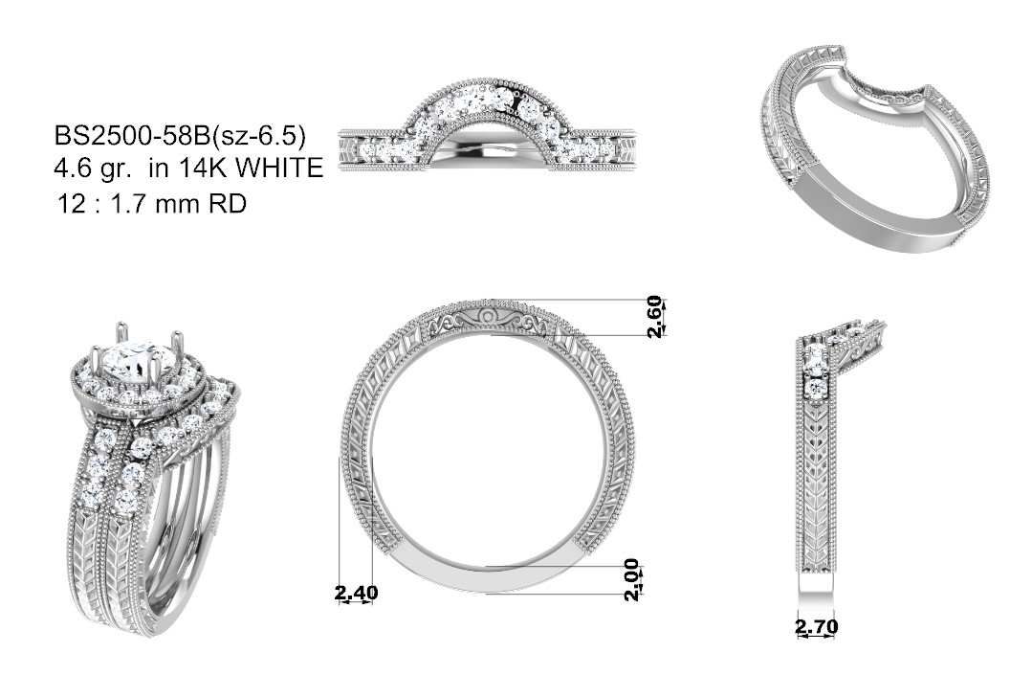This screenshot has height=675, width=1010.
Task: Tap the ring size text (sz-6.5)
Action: point(258,137)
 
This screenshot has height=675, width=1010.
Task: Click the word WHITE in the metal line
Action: point(279,169)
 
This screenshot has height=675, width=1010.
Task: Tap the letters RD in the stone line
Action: point(228,204)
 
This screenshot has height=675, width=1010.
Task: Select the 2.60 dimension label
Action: point(654,317)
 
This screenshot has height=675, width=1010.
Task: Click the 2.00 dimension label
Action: point(632,579)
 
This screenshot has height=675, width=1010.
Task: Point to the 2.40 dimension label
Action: point(356,592)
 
